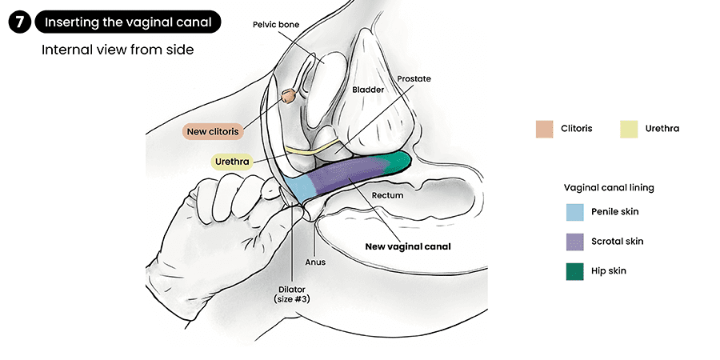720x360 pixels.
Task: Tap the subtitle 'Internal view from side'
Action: [118, 50]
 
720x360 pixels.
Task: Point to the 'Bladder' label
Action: [368, 90]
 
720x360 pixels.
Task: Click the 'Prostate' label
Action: [414, 79]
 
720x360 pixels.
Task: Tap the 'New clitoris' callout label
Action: [211, 131]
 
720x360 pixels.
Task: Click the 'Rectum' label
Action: [387, 195]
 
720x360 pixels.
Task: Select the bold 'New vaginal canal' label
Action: [408, 246]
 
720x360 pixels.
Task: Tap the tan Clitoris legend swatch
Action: [545, 128]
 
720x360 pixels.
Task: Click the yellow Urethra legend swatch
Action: [630, 128]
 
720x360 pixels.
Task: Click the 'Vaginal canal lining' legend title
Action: [608, 187]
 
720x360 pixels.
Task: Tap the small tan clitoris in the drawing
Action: [286, 96]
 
